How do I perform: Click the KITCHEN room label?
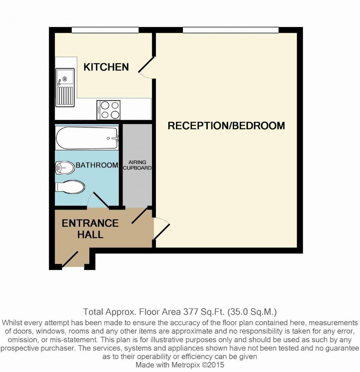point(106,67)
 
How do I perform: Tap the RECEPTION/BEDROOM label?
point(226,125)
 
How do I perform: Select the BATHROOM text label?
point(97,165)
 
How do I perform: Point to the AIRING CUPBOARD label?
point(137,165)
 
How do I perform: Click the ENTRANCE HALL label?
point(90,229)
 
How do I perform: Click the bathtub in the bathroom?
point(87,138)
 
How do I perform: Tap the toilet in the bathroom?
point(70,187)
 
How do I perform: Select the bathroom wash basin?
point(65,168)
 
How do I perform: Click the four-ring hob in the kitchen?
point(109,110)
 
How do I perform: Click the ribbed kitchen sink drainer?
point(65,96)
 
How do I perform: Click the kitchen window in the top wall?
point(105,30)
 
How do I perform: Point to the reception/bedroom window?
point(230,30)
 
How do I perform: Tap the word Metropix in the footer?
point(185,365)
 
